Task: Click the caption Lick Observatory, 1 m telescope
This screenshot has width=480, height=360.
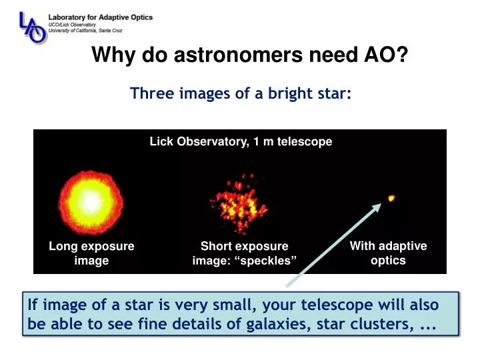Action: [x=241, y=141]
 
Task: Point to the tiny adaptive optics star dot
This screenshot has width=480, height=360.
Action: [x=391, y=198]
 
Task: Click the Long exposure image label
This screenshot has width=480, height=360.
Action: [x=91, y=253]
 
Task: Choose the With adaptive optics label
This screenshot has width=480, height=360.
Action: [x=388, y=253]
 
